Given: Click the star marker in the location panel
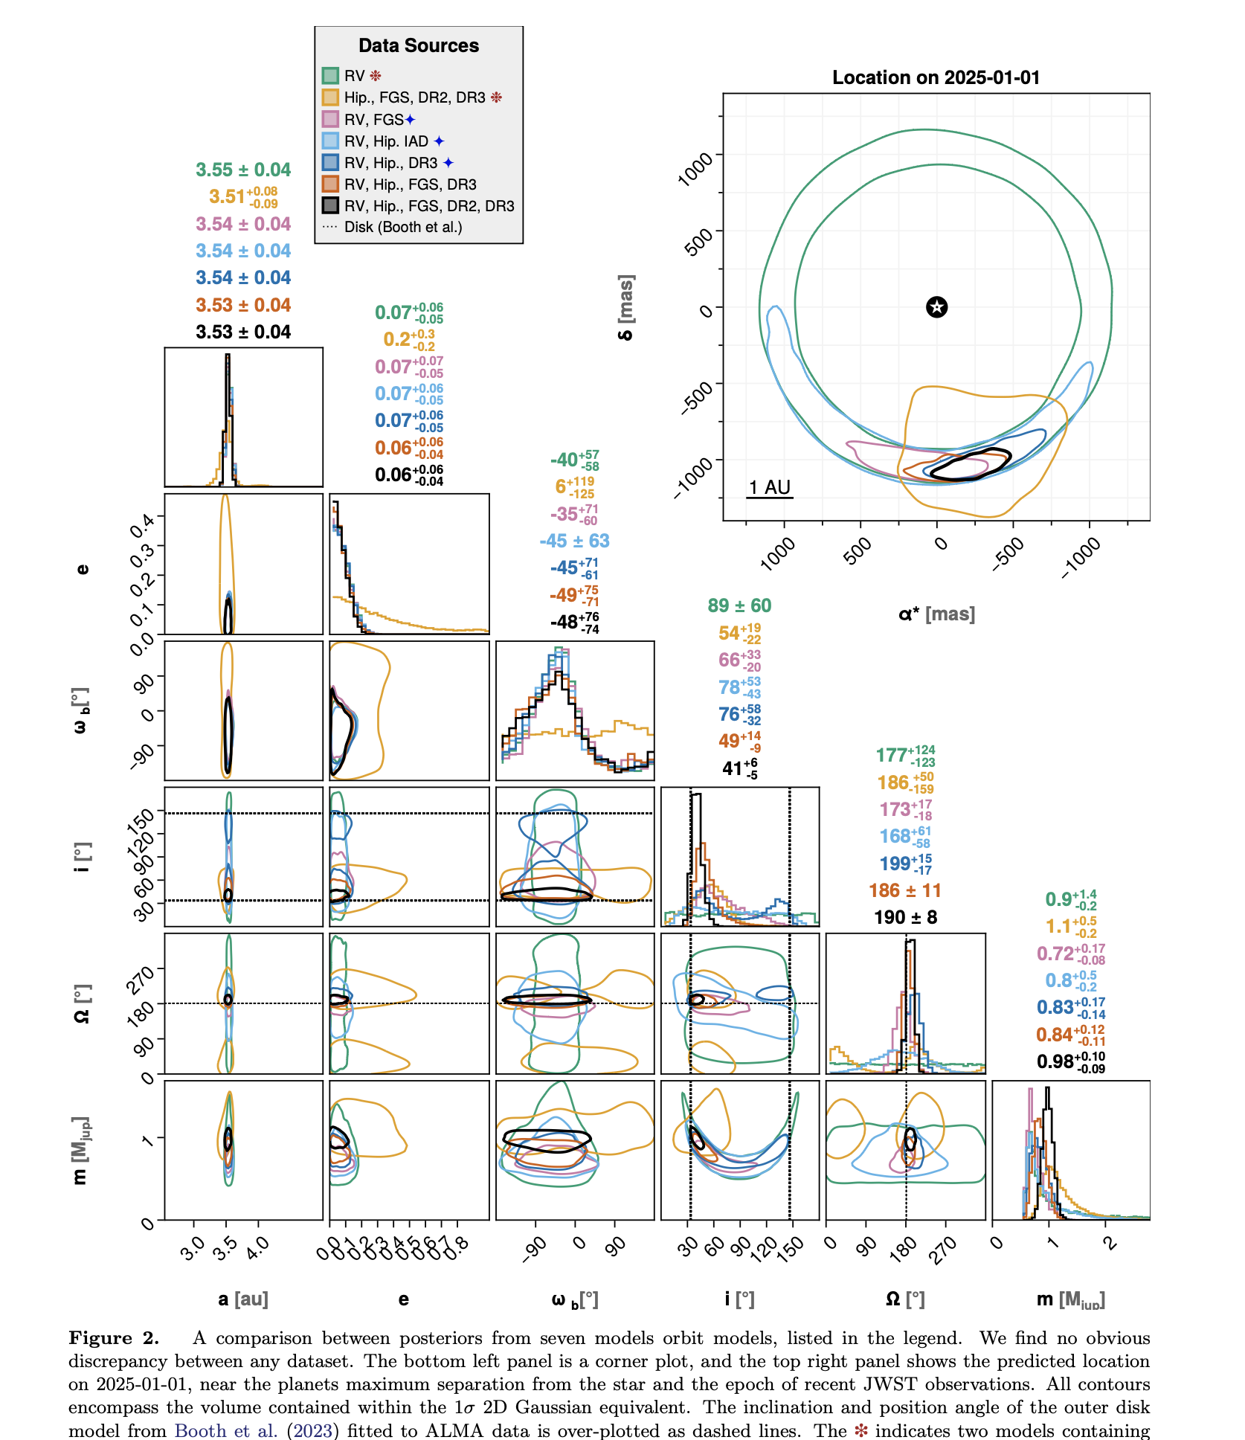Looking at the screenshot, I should coord(936,306).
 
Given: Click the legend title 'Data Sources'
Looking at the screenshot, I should coord(419,46).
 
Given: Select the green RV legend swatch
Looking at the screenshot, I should coord(330,76).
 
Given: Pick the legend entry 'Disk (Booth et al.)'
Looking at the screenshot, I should coord(402,227).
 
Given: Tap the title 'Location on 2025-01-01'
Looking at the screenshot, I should coord(936,77).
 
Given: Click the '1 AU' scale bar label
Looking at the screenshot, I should coord(769,487).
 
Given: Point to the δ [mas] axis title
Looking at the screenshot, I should coord(626,307).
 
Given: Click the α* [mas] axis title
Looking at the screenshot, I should coord(936,614).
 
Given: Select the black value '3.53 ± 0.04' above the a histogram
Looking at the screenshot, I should coord(243,332).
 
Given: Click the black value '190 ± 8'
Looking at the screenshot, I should coord(905,917).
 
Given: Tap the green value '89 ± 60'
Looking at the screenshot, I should coord(739,605).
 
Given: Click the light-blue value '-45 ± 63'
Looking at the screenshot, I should coord(574,541).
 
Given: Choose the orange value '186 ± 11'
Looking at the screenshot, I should coord(905,890).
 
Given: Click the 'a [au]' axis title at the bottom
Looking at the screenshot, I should coord(243,1299).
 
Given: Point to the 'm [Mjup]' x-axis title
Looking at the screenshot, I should coord(1070,1299).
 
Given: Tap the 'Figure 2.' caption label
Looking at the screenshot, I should coord(114,1338).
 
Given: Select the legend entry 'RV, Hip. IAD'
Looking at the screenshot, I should coord(386,141).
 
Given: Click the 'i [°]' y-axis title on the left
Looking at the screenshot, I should coord(83,857).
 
